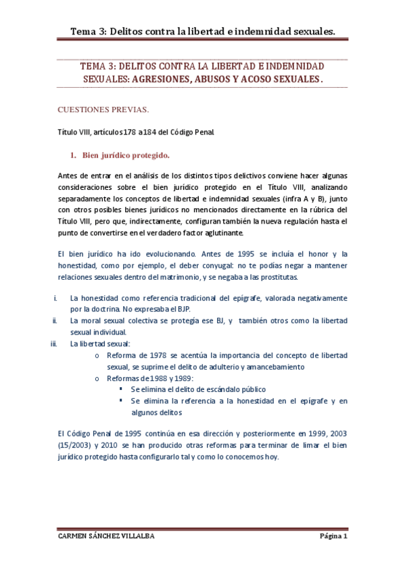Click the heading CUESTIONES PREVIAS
[103, 108]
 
